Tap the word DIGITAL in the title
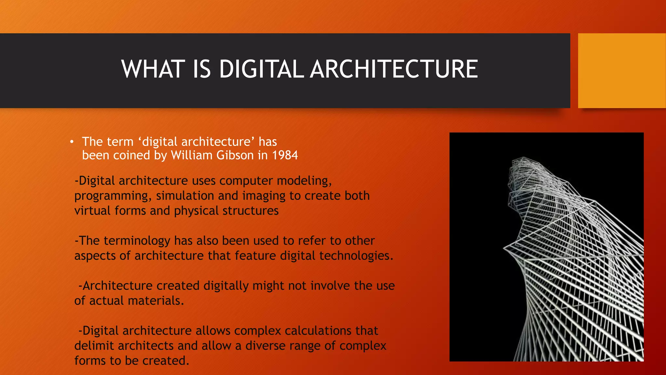261,69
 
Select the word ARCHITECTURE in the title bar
394,69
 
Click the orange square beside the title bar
621,71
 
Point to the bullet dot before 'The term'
72,142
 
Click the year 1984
285,155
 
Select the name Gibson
235,155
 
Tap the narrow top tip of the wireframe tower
523,160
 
